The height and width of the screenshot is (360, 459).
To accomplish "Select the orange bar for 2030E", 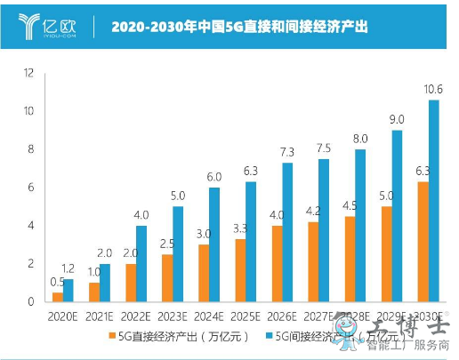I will pyautogui.click(x=423, y=241).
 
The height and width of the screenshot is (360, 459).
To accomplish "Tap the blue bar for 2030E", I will pyautogui.click(x=433, y=200).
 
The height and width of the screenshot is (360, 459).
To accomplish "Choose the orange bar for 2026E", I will pyautogui.click(x=277, y=263).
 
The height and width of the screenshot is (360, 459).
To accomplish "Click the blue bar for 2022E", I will pyautogui.click(x=141, y=263).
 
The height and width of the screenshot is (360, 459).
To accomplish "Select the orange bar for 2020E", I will pyautogui.click(x=58, y=296).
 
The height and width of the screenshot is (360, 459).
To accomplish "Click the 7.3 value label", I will pyautogui.click(x=287, y=152).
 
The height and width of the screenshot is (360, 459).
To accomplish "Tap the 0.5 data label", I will pyautogui.click(x=57, y=282).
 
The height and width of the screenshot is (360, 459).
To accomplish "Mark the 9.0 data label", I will pyautogui.click(x=397, y=119).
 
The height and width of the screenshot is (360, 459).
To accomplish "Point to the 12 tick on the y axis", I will pyautogui.click(x=28, y=72).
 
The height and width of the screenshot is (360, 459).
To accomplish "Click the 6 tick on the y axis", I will pyautogui.click(x=30, y=188).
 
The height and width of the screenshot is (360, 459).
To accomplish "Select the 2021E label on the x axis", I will pyautogui.click(x=99, y=315).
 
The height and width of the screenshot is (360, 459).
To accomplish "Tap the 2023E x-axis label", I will pyautogui.click(x=172, y=315).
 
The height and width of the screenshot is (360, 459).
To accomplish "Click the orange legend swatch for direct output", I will pyautogui.click(x=113, y=335).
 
